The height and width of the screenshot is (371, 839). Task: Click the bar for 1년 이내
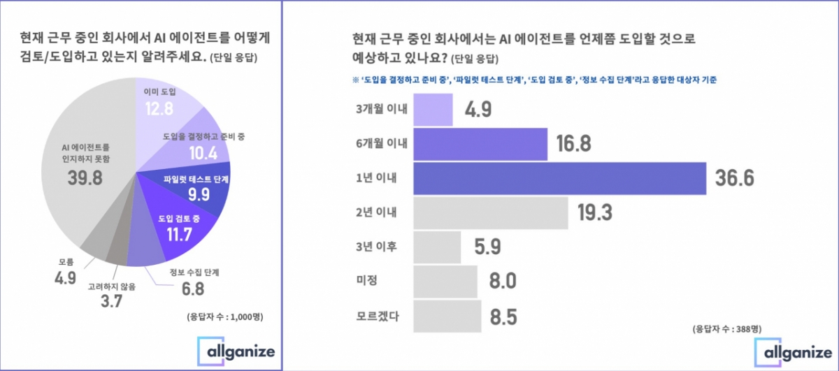[x=559, y=178]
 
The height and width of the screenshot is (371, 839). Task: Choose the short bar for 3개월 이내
[x=433, y=109]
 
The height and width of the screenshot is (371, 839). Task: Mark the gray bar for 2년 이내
[x=490, y=212]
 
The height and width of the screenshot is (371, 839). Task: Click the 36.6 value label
[x=734, y=178]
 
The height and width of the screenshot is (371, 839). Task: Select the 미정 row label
[x=367, y=282]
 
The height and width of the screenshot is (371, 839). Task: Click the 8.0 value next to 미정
[x=502, y=282]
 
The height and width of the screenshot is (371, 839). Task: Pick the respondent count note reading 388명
[x=726, y=328]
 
